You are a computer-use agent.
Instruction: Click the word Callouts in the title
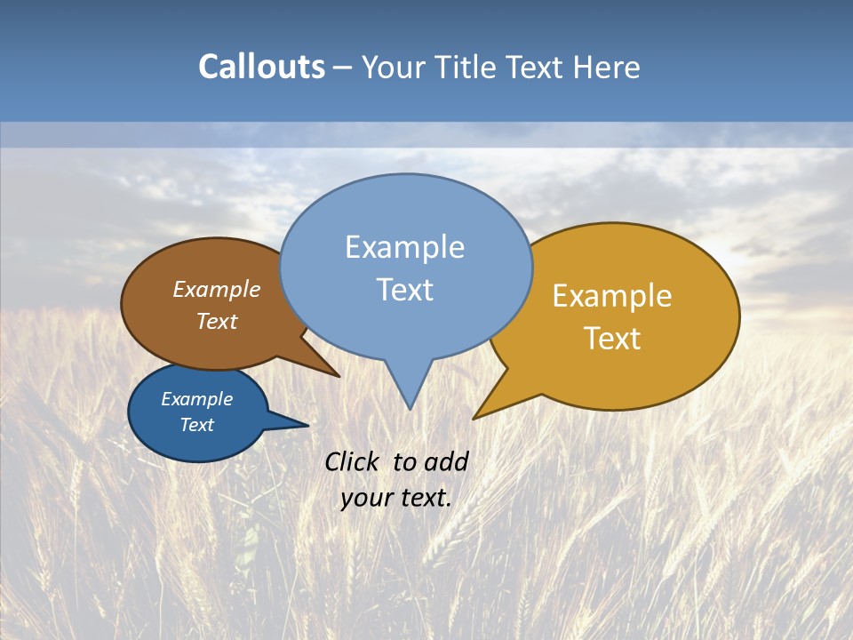261,67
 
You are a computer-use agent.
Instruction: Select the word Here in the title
608,67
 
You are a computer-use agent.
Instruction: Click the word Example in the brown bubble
217,290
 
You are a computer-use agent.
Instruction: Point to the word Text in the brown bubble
217,321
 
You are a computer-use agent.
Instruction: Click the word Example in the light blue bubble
404,247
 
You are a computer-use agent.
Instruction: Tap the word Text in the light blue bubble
404,290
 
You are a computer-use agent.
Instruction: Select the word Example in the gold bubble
612,296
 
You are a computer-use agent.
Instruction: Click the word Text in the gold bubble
612,339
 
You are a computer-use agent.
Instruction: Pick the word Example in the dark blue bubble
197,399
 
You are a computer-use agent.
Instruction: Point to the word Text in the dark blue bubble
197,425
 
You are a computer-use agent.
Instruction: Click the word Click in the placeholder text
352,462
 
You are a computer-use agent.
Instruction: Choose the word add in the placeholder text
446,462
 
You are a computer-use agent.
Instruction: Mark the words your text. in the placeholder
395,498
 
